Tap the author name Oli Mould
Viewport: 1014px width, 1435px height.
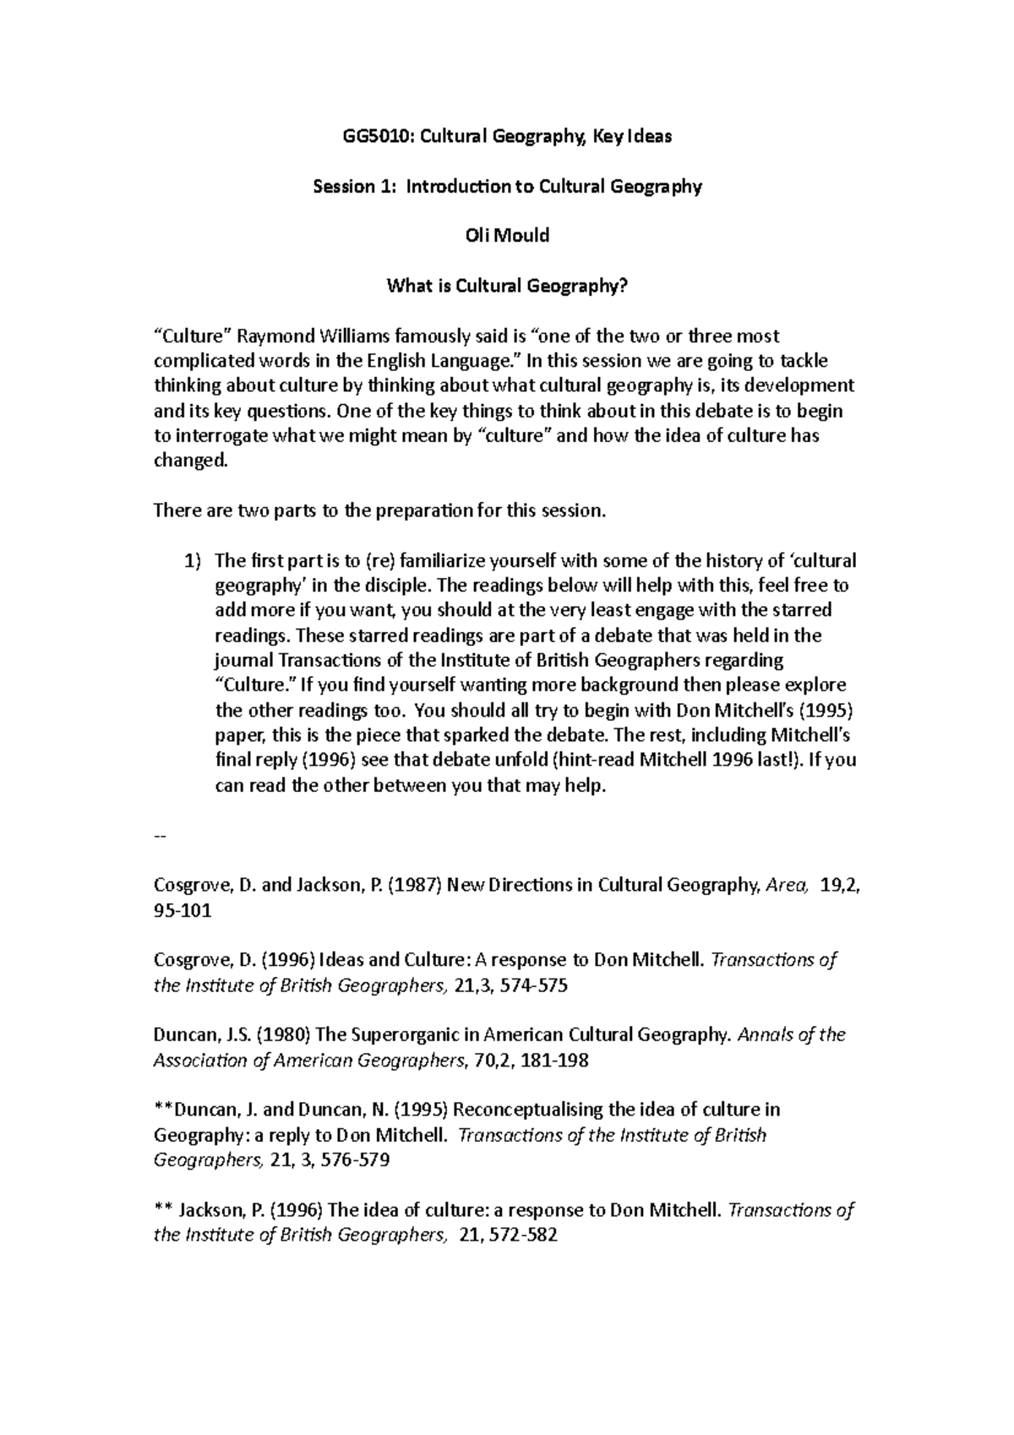point(507,236)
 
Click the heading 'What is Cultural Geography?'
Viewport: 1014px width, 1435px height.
point(507,286)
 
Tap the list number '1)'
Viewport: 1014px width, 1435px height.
point(194,560)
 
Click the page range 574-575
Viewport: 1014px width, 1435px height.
point(528,985)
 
